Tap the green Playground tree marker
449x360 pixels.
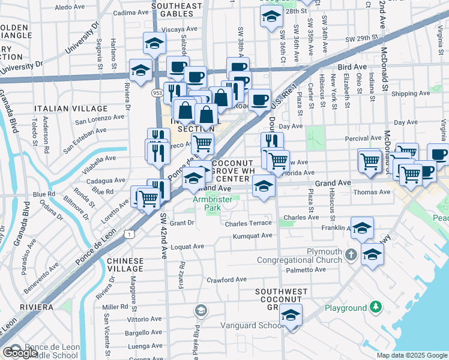click(x=376, y=307)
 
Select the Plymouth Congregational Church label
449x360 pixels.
click(x=299, y=256)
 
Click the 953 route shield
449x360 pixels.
click(x=157, y=93)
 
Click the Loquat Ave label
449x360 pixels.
click(x=187, y=247)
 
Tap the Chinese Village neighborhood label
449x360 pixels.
click(x=125, y=265)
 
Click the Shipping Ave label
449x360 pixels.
click(x=411, y=94)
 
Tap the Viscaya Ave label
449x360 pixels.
click(x=179, y=28)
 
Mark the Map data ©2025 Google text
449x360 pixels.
click(x=411, y=355)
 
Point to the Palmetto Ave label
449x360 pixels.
click(x=306, y=271)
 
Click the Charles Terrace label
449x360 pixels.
click(x=249, y=224)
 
